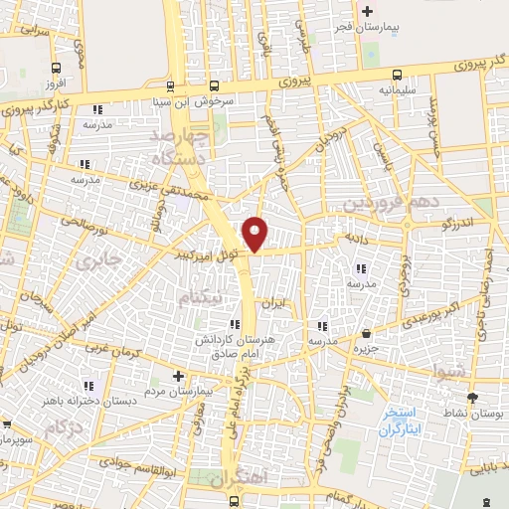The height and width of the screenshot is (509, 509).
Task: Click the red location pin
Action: [256, 234]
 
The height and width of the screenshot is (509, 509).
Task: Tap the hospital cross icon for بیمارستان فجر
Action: [368, 12]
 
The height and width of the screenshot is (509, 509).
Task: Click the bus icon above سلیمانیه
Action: [398, 75]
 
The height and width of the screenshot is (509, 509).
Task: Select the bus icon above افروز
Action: [45, 68]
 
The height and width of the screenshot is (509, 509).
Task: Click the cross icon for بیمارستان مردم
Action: [178, 376]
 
